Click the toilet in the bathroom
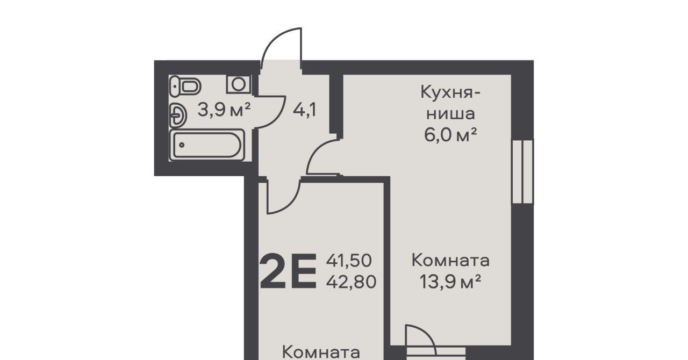coord(185,86)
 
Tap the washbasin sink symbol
coord(178,116)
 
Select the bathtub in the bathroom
coord(207,145)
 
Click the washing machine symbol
coord(239,84)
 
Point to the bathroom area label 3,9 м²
coord(224,110)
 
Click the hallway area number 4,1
coord(304,110)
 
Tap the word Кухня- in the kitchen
coord(450,92)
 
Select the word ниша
coord(451,114)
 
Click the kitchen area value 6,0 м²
coord(450,135)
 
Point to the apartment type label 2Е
coord(288,271)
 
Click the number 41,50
coord(349,261)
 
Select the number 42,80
coord(351,282)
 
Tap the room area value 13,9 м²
coord(450,282)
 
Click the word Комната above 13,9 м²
coord(450,261)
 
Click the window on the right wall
coord(522,171)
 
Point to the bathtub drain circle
coord(182,145)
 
